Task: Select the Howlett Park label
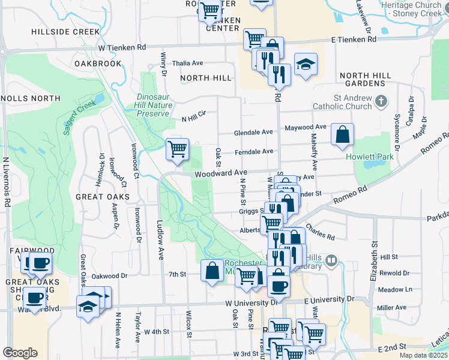coord(368,157)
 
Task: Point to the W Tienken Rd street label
coord(122,47)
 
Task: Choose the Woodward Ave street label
coord(220,173)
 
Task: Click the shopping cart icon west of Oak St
coord(177,148)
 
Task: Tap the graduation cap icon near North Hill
coord(306,64)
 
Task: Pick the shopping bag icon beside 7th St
coord(212,270)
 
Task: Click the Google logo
coord(20,353)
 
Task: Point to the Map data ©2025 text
coord(423,355)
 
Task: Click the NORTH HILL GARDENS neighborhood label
coord(365,80)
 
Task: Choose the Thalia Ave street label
coord(187,63)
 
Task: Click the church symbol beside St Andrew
coord(381,101)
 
